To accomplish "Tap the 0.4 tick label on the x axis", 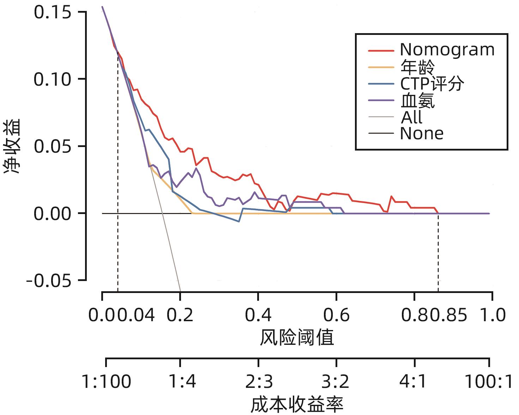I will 258,315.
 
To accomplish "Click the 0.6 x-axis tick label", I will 336,315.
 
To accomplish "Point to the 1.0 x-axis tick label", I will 493,315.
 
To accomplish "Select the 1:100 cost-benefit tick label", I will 106,382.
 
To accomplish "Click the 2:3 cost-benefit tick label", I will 259,382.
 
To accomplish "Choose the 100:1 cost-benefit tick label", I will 489,382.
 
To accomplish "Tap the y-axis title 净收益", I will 13,146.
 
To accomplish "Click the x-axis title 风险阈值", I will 297,338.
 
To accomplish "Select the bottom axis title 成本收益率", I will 297,404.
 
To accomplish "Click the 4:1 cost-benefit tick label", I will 415,382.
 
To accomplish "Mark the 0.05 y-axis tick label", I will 52,146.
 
